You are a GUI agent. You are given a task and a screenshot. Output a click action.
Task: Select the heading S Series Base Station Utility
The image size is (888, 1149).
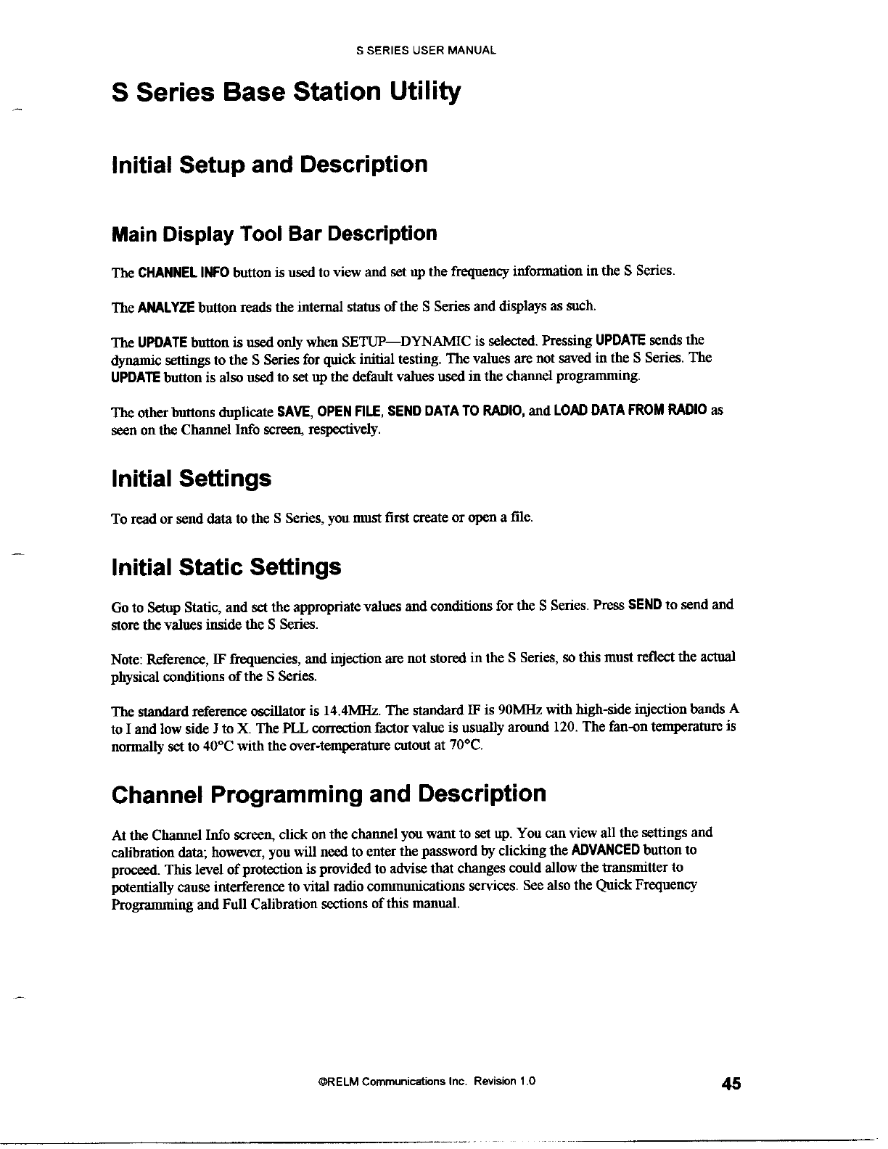[286, 93]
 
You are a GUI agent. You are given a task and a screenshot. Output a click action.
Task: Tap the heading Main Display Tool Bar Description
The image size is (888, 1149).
[274, 234]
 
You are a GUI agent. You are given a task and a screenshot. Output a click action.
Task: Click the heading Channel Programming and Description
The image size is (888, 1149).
[329, 794]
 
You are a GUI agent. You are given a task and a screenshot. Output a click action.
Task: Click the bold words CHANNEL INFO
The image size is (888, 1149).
[184, 273]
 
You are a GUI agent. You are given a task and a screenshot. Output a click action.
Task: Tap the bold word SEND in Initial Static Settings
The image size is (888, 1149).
[644, 604]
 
